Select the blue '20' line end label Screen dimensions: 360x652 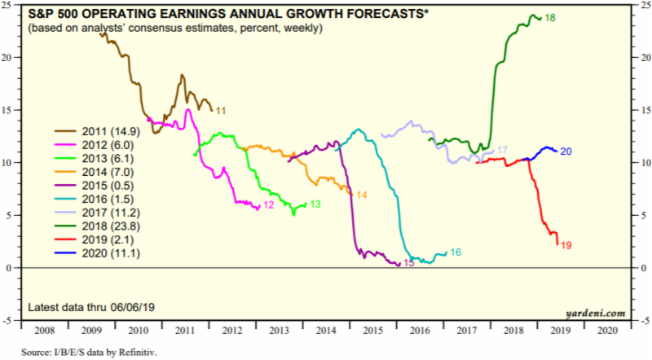[566, 151]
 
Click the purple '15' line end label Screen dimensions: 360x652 [409, 264]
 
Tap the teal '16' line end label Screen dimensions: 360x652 [456, 252]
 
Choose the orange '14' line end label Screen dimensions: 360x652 [362, 195]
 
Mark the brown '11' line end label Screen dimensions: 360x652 [220, 110]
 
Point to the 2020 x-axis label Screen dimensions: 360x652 [607, 331]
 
